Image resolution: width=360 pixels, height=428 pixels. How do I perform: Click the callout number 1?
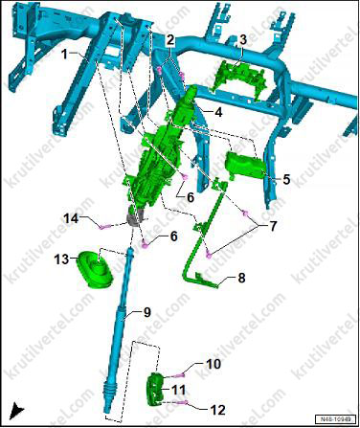pyautogui.click(x=65, y=55)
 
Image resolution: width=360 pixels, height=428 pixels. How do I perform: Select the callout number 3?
pyautogui.click(x=243, y=40)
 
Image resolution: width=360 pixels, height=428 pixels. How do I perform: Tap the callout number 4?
pyautogui.click(x=218, y=112)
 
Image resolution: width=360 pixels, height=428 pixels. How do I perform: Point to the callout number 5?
pyautogui.click(x=286, y=179)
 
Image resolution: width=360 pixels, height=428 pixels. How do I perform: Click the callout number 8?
pyautogui.click(x=241, y=278)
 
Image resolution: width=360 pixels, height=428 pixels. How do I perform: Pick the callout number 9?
pyautogui.click(x=146, y=312)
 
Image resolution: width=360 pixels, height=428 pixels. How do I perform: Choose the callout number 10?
pyautogui.click(x=214, y=364)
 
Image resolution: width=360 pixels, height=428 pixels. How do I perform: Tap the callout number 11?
pyautogui.click(x=178, y=390)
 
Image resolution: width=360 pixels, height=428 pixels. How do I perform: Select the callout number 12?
pyautogui.click(x=217, y=410)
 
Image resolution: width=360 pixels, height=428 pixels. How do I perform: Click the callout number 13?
pyautogui.click(x=61, y=259)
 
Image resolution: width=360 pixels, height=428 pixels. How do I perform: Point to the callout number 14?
pyautogui.click(x=71, y=219)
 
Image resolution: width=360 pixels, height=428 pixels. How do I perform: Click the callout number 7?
pyautogui.click(x=273, y=226)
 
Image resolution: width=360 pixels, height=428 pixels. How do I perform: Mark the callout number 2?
pyautogui.click(x=170, y=40)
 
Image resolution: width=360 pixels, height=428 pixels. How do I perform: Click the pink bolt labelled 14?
pyautogui.click(x=105, y=227)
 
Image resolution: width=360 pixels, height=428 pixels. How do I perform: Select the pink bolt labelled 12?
pyautogui.click(x=183, y=403)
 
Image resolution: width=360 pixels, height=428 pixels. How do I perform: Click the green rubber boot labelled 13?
pyautogui.click(x=95, y=269)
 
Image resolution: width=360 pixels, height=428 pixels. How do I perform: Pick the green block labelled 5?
pyautogui.click(x=245, y=166)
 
